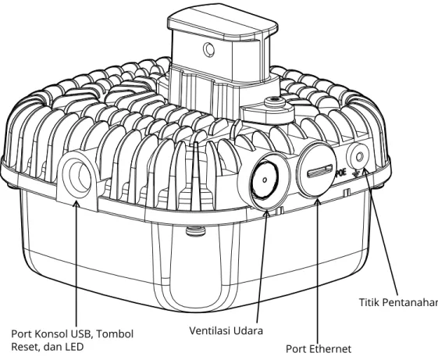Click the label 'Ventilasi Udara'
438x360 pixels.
[x=226, y=330]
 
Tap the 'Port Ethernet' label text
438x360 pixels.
[x=319, y=349]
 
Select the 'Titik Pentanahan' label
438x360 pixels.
[x=398, y=302]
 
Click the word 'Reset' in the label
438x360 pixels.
[x=24, y=347]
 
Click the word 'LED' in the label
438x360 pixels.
[x=74, y=347]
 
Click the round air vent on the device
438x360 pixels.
[x=264, y=180]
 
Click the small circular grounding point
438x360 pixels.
[x=358, y=156]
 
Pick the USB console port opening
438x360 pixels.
[x=77, y=176]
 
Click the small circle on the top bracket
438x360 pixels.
[x=208, y=49]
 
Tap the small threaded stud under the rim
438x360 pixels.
[x=195, y=231]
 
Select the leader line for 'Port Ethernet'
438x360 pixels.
[x=318, y=272]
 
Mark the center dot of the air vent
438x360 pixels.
[x=265, y=180]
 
